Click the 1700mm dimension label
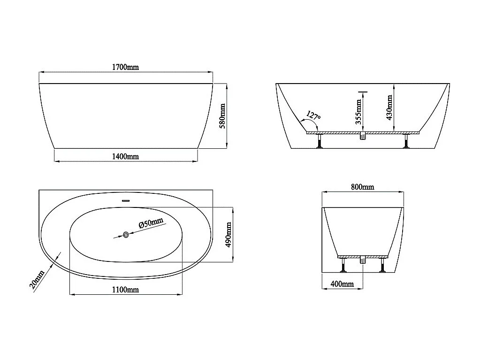125,68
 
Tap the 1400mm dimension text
125,156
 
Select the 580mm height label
223,116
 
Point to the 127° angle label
313,115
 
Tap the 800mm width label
363,187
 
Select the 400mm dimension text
342,284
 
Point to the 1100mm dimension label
125,290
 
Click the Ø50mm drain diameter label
151,224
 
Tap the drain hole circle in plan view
126,235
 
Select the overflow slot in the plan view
125,201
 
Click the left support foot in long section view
320,141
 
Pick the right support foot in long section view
406,141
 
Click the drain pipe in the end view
362,260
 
